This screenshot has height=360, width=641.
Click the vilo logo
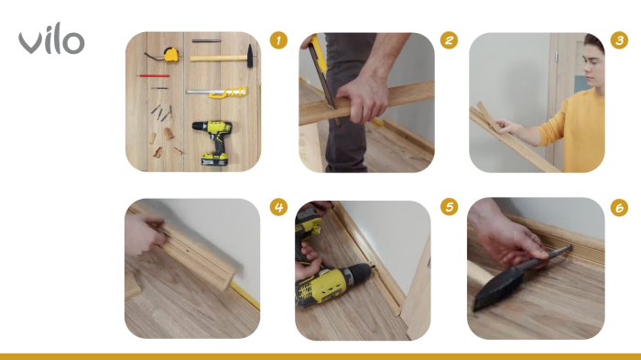51,41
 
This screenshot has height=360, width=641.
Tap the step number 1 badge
279,40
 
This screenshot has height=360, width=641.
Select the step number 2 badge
449,40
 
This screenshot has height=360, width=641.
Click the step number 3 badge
620,40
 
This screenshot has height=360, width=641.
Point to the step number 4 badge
279,207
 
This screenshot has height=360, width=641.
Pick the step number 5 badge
449,207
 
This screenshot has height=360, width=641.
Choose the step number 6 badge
620,207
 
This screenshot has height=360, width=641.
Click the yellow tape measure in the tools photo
170,55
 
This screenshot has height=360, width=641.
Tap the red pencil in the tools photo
154,76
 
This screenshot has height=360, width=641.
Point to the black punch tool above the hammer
206,41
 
